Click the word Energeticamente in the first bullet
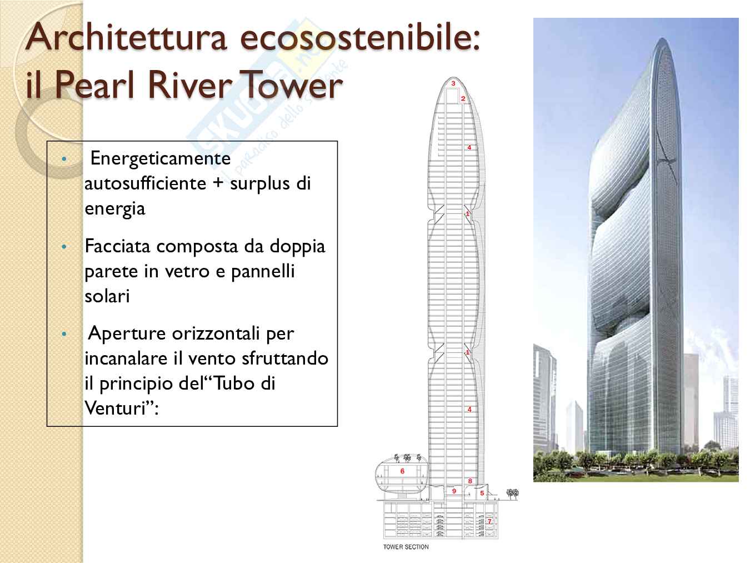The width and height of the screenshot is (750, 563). [160, 158]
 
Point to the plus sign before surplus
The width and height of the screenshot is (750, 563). [218, 183]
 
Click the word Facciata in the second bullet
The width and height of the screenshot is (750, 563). [118, 246]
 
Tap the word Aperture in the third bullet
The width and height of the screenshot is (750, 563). [127, 333]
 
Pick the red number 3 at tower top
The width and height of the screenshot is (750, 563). [453, 83]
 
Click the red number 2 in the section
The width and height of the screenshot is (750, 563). [463, 99]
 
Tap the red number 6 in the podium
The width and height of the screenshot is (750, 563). [402, 471]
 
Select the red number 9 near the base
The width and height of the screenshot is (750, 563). [454, 491]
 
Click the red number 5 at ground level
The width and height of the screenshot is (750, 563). [482, 493]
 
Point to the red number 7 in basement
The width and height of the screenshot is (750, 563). [489, 521]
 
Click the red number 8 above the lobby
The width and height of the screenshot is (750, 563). [470, 481]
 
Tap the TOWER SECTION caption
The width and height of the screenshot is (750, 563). [406, 547]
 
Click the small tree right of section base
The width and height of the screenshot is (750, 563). [512, 494]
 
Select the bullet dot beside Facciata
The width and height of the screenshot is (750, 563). [64, 246]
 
